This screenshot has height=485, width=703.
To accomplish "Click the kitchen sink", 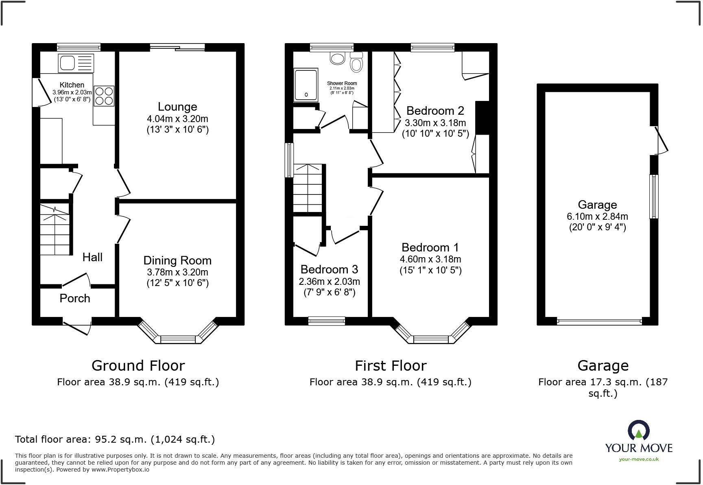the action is pyautogui.click(x=76, y=63).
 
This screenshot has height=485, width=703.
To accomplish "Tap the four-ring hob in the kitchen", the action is pyautogui.click(x=104, y=96).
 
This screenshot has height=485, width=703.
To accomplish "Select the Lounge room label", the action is pyautogui.click(x=177, y=107).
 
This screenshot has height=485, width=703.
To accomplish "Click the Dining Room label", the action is pyautogui.click(x=177, y=260).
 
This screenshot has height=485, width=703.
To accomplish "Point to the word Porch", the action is pyautogui.click(x=75, y=298).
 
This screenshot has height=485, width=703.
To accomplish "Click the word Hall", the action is pyautogui.click(x=92, y=257).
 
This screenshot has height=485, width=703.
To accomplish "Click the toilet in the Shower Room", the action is pyautogui.click(x=356, y=63).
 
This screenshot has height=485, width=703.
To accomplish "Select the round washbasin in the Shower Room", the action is pyautogui.click(x=338, y=58).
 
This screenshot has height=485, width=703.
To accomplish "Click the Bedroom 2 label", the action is pyautogui.click(x=435, y=111).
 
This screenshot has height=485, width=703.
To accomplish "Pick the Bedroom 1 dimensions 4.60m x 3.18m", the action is pyautogui.click(x=430, y=259).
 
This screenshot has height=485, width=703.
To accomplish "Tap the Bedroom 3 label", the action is pyautogui.click(x=329, y=269).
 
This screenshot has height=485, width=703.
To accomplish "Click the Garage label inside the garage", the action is pyautogui.click(x=597, y=205).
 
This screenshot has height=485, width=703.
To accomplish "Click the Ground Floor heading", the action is pyautogui.click(x=138, y=365).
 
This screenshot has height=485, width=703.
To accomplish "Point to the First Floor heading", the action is pyautogui.click(x=391, y=365).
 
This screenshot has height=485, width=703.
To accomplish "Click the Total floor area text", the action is pyautogui.click(x=115, y=439).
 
